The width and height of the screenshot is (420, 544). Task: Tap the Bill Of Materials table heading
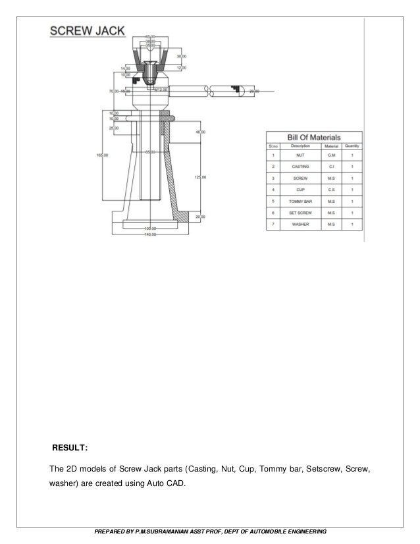(x=313, y=136)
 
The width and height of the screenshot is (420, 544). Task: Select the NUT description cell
(x=300, y=155)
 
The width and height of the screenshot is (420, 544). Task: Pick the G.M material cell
(x=332, y=155)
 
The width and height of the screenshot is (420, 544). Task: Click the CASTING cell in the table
(x=300, y=167)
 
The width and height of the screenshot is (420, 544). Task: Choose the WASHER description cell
(x=300, y=225)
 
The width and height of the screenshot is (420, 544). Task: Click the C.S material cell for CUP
(x=332, y=190)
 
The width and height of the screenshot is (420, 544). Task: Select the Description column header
(x=300, y=146)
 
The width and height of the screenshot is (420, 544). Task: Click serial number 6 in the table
(x=273, y=213)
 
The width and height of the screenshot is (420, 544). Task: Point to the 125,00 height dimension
(x=200, y=177)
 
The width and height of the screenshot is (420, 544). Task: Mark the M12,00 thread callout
(x=160, y=90)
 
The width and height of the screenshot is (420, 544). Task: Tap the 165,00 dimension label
(x=102, y=155)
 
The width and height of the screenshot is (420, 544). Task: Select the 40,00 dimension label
(x=201, y=132)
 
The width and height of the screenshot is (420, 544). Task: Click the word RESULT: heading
(x=70, y=448)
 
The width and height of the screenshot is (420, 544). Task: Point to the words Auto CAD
(x=171, y=485)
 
